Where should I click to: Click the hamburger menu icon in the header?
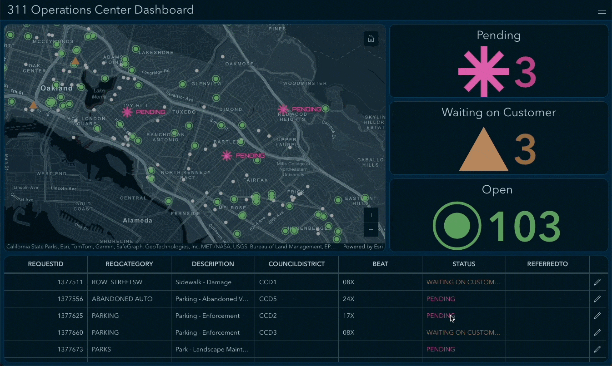[602, 10]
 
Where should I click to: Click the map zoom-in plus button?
[371, 215]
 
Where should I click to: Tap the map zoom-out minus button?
[371, 230]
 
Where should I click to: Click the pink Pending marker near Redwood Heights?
[283, 109]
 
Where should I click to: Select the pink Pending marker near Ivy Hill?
[127, 112]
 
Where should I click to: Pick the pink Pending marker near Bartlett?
[226, 156]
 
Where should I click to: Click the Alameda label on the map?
[137, 221]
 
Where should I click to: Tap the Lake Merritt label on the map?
[99, 94]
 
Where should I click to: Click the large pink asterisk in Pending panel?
[483, 71]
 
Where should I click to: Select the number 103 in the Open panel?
[524, 226]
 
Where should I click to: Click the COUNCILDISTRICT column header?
[296, 264]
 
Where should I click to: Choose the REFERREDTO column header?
[547, 264]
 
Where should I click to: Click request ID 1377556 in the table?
[70, 299]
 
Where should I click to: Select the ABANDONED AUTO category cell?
[122, 299]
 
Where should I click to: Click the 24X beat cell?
[349, 299]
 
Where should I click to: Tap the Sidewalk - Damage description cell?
[203, 282]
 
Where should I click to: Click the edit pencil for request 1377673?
[597, 349]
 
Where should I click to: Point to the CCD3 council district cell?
[268, 332]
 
